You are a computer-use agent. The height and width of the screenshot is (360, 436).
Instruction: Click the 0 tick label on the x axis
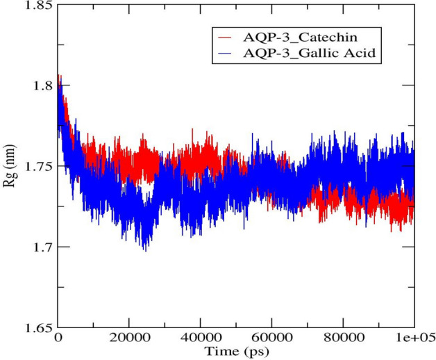(x=58, y=338)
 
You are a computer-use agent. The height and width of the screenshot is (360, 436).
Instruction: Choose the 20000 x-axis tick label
(x=129, y=338)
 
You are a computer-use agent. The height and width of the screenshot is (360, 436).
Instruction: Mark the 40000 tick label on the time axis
(x=200, y=338)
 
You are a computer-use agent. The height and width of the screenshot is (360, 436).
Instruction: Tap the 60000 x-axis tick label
(x=271, y=338)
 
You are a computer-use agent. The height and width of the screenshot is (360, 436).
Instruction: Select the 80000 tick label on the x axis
(x=343, y=338)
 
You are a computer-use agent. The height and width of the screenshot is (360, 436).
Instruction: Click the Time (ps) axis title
(x=236, y=351)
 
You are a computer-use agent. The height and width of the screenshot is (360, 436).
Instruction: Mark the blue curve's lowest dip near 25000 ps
(x=144, y=249)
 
